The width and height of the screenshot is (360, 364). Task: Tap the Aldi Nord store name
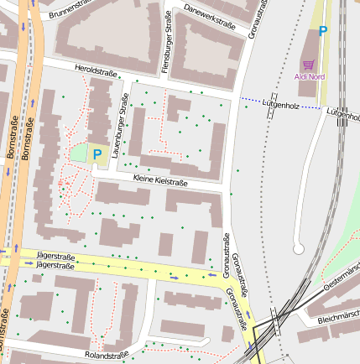pyautogui.click(x=310, y=76)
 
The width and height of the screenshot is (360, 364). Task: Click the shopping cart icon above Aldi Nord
pyautogui.click(x=309, y=64)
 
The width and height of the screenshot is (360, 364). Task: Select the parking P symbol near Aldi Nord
pyautogui.click(x=322, y=31)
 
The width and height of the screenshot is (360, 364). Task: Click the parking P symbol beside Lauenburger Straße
pyautogui.click(x=97, y=153)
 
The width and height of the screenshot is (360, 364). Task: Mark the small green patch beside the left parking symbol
pyautogui.click(x=78, y=153)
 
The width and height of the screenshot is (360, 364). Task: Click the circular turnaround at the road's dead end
pyautogui.click(x=298, y=248)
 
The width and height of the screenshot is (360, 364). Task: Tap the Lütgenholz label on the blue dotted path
pyautogui.click(x=281, y=105)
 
